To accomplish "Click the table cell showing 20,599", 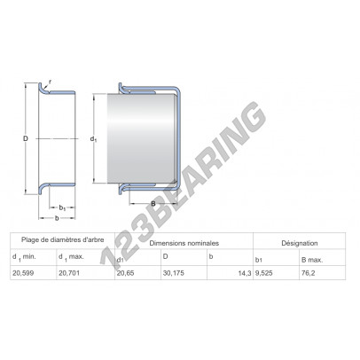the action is click(23, 273).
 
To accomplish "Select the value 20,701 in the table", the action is click(69, 273).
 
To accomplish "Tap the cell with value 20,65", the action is click(125, 273).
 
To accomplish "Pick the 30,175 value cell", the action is click(174, 273).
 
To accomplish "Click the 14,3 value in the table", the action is click(245, 273).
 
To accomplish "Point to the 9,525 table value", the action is click(263, 273).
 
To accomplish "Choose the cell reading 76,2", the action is click(308, 273).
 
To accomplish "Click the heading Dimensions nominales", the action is click(184, 243).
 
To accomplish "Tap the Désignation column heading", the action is click(300, 243).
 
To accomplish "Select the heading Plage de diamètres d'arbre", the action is click(63, 239).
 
